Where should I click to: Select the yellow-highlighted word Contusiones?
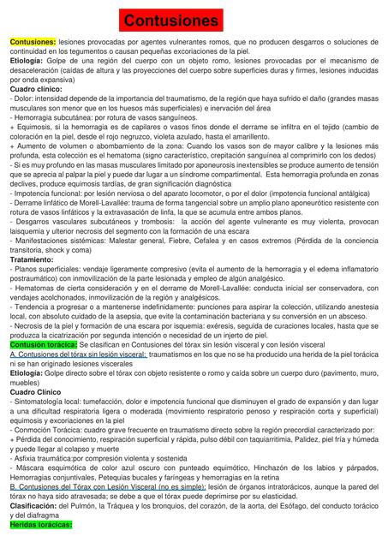coord(33,41)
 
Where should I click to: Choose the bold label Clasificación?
coord(37,506)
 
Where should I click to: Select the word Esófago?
coord(258,506)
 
